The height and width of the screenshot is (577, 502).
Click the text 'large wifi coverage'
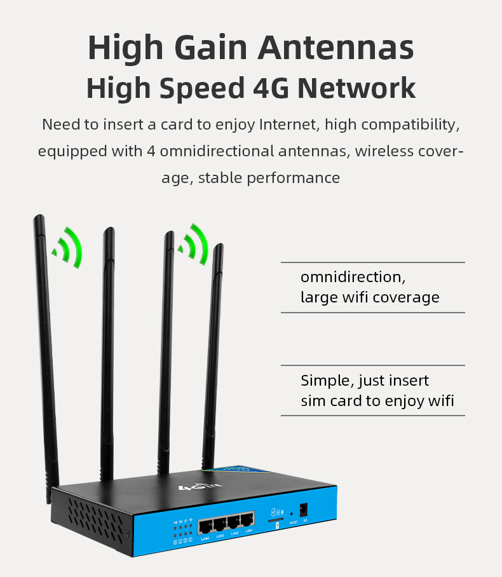pyautogui.click(x=370, y=297)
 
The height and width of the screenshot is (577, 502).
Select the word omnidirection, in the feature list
pyautogui.click(x=353, y=278)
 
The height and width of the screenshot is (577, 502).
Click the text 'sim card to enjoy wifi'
pyautogui.click(x=377, y=401)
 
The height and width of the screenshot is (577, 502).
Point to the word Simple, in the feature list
pyautogui.click(x=327, y=381)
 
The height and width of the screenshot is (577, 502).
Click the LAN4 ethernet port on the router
pyautogui.click(x=205, y=526)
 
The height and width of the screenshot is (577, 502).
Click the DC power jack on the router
pyautogui.click(x=304, y=510)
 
